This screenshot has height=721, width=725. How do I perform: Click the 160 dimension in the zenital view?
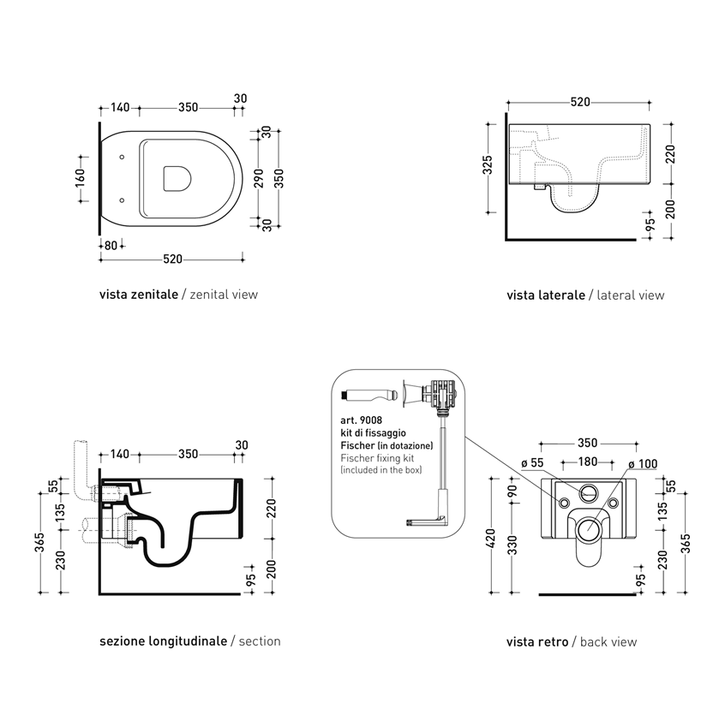point(80,178)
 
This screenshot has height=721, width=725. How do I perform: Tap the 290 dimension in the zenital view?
point(259,178)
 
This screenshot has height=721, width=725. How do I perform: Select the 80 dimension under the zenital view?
point(111,245)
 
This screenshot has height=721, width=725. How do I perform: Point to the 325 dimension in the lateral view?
point(488,165)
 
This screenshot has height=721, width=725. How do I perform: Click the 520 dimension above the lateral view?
point(580,102)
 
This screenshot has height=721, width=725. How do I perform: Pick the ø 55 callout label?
point(532,462)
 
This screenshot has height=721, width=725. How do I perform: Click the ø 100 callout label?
point(643,464)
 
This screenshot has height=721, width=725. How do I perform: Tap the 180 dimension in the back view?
point(588,462)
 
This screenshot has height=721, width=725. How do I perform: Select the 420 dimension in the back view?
point(490,539)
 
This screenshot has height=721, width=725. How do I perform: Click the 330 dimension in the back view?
point(512,545)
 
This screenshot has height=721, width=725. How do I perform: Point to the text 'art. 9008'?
point(361,420)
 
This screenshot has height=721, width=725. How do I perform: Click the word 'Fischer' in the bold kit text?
point(357,446)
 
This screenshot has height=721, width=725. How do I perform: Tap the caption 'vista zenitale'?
point(139,295)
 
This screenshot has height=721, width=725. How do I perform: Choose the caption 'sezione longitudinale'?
point(163,641)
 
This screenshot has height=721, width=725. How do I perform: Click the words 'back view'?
point(608,641)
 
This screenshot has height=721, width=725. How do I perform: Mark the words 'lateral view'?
point(631,295)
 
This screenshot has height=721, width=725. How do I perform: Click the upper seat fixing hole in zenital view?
point(122,157)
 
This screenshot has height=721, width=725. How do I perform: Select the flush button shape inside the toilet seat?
point(177,178)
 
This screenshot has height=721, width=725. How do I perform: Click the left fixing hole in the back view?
point(564,503)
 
